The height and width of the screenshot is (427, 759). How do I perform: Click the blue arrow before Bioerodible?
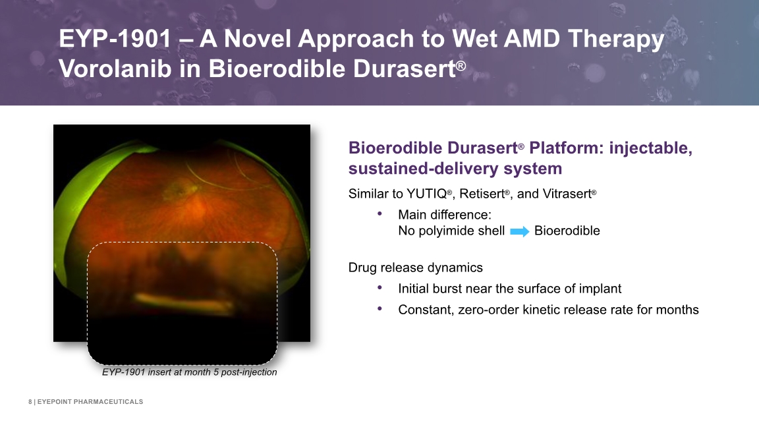point(519,231)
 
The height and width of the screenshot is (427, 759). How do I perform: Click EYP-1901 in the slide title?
point(115,39)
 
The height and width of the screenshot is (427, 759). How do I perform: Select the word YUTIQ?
point(426,194)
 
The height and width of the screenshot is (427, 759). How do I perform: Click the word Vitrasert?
point(567,194)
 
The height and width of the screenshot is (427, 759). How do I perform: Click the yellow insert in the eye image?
point(183,302)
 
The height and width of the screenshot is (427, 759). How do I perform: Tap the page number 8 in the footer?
point(30,402)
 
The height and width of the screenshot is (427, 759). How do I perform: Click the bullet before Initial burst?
point(380,288)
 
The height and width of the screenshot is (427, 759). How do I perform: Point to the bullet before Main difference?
point(380,213)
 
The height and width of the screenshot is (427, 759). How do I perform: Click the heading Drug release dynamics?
point(415,268)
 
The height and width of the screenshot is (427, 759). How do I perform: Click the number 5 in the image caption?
point(216,372)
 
